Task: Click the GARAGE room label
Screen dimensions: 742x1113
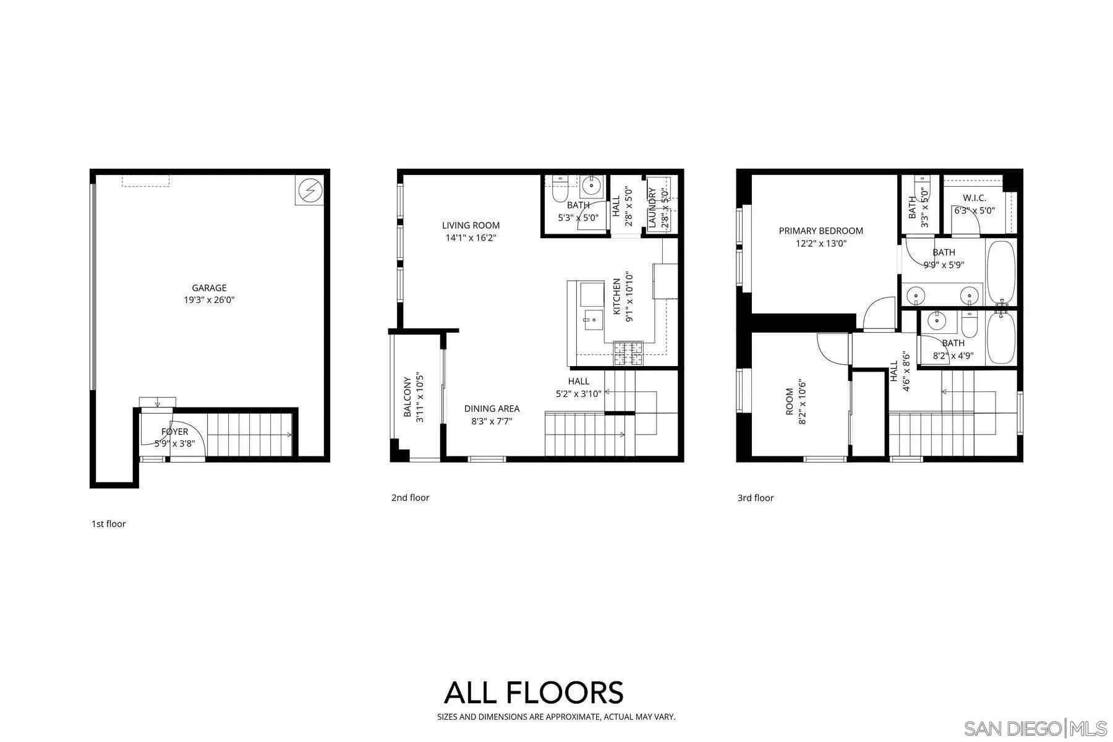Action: point(209,288)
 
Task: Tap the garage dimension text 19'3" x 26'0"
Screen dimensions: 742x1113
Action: point(209,300)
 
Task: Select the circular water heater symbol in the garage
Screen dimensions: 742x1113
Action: point(310,190)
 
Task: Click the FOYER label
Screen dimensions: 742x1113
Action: point(174,432)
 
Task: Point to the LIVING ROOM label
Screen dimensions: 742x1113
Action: point(471,225)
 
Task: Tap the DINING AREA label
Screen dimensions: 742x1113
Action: point(492,408)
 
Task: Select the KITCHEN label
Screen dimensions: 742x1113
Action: point(616,297)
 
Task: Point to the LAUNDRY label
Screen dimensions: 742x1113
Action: point(652,208)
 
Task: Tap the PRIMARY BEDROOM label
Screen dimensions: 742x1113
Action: point(821,231)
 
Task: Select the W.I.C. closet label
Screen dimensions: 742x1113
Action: point(974,198)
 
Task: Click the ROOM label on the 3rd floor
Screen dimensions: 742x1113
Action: point(789,402)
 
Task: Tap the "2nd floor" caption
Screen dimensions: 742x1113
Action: point(410,498)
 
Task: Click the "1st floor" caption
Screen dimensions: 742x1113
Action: point(109,524)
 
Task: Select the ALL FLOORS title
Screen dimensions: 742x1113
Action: point(534,693)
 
